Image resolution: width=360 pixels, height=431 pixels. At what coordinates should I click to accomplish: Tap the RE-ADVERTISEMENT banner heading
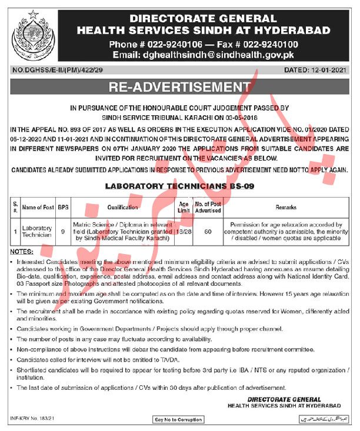[x=179, y=88]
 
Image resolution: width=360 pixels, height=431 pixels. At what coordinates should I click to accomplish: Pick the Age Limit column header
[x=184, y=208]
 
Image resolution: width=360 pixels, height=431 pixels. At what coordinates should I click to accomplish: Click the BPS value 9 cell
[x=63, y=231]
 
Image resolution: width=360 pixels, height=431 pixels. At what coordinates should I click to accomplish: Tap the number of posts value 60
[x=207, y=231]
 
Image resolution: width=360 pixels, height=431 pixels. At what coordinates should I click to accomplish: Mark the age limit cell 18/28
[x=184, y=231]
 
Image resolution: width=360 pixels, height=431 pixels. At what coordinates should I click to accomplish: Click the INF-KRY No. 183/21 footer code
[x=32, y=419]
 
